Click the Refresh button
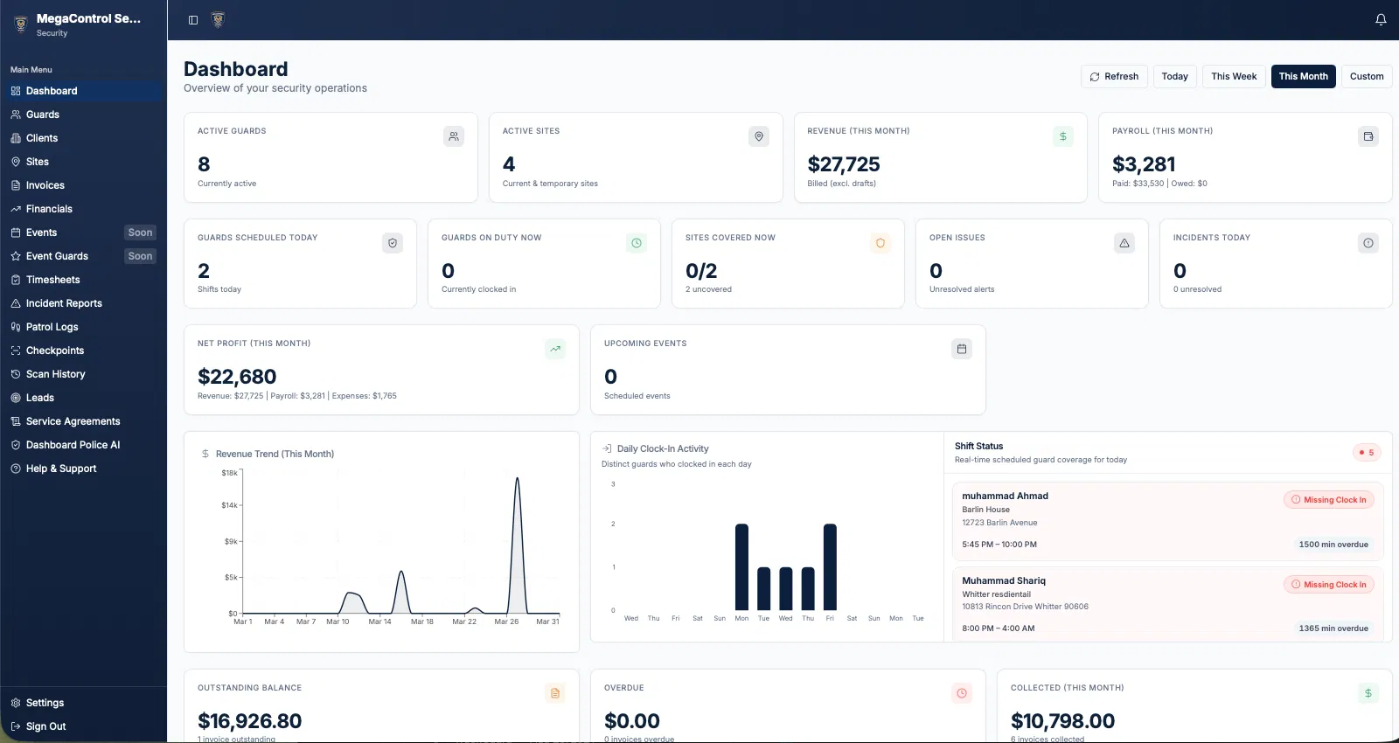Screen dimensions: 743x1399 (x=1114, y=77)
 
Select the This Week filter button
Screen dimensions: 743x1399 (x=1234, y=77)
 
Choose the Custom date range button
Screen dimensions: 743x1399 (x=1366, y=77)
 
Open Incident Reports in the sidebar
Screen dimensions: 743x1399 (x=64, y=303)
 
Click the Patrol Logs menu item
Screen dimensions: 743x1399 (x=52, y=327)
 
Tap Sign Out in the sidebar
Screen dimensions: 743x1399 (x=45, y=726)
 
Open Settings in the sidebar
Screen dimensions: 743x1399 (x=45, y=703)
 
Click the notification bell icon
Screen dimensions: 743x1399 (x=1381, y=19)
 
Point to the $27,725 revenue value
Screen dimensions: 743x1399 (x=843, y=164)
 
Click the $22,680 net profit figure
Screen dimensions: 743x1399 (x=237, y=377)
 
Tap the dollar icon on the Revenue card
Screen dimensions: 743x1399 (x=1062, y=136)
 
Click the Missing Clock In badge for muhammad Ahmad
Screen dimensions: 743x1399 (x=1329, y=500)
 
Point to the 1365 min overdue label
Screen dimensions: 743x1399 (x=1333, y=628)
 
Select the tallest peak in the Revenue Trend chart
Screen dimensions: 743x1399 (x=518, y=479)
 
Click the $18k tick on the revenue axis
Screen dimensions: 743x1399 (x=229, y=473)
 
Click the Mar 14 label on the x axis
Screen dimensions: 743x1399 (x=379, y=622)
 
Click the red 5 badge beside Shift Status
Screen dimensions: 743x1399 (x=1366, y=453)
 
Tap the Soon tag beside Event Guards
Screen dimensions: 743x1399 (x=140, y=256)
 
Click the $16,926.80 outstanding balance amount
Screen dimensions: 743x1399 (x=249, y=721)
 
